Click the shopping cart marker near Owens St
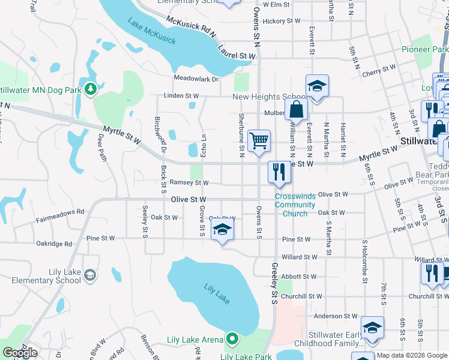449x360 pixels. [x=259, y=142]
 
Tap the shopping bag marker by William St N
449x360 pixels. [x=297, y=110]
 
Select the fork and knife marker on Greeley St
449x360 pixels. [x=279, y=172]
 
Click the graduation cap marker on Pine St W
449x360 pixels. [x=222, y=230]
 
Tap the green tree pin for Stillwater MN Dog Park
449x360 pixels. [x=91, y=89]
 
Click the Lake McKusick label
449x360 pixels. [x=152, y=31]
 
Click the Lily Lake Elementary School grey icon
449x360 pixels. [x=89, y=275]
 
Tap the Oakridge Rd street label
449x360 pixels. [x=54, y=244]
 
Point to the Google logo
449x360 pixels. [x=20, y=353]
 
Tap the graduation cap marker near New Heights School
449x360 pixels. [x=316, y=86]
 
